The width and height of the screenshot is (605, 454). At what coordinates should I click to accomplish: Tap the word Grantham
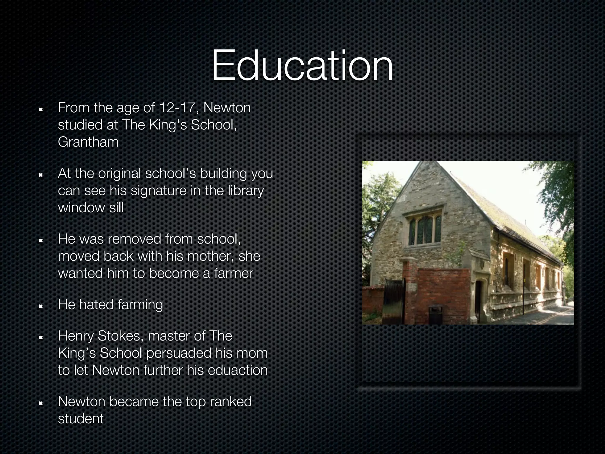coord(88,142)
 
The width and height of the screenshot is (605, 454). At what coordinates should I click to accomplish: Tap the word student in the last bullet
coord(81,419)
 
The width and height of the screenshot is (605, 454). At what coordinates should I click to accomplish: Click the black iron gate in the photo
coord(393,301)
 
